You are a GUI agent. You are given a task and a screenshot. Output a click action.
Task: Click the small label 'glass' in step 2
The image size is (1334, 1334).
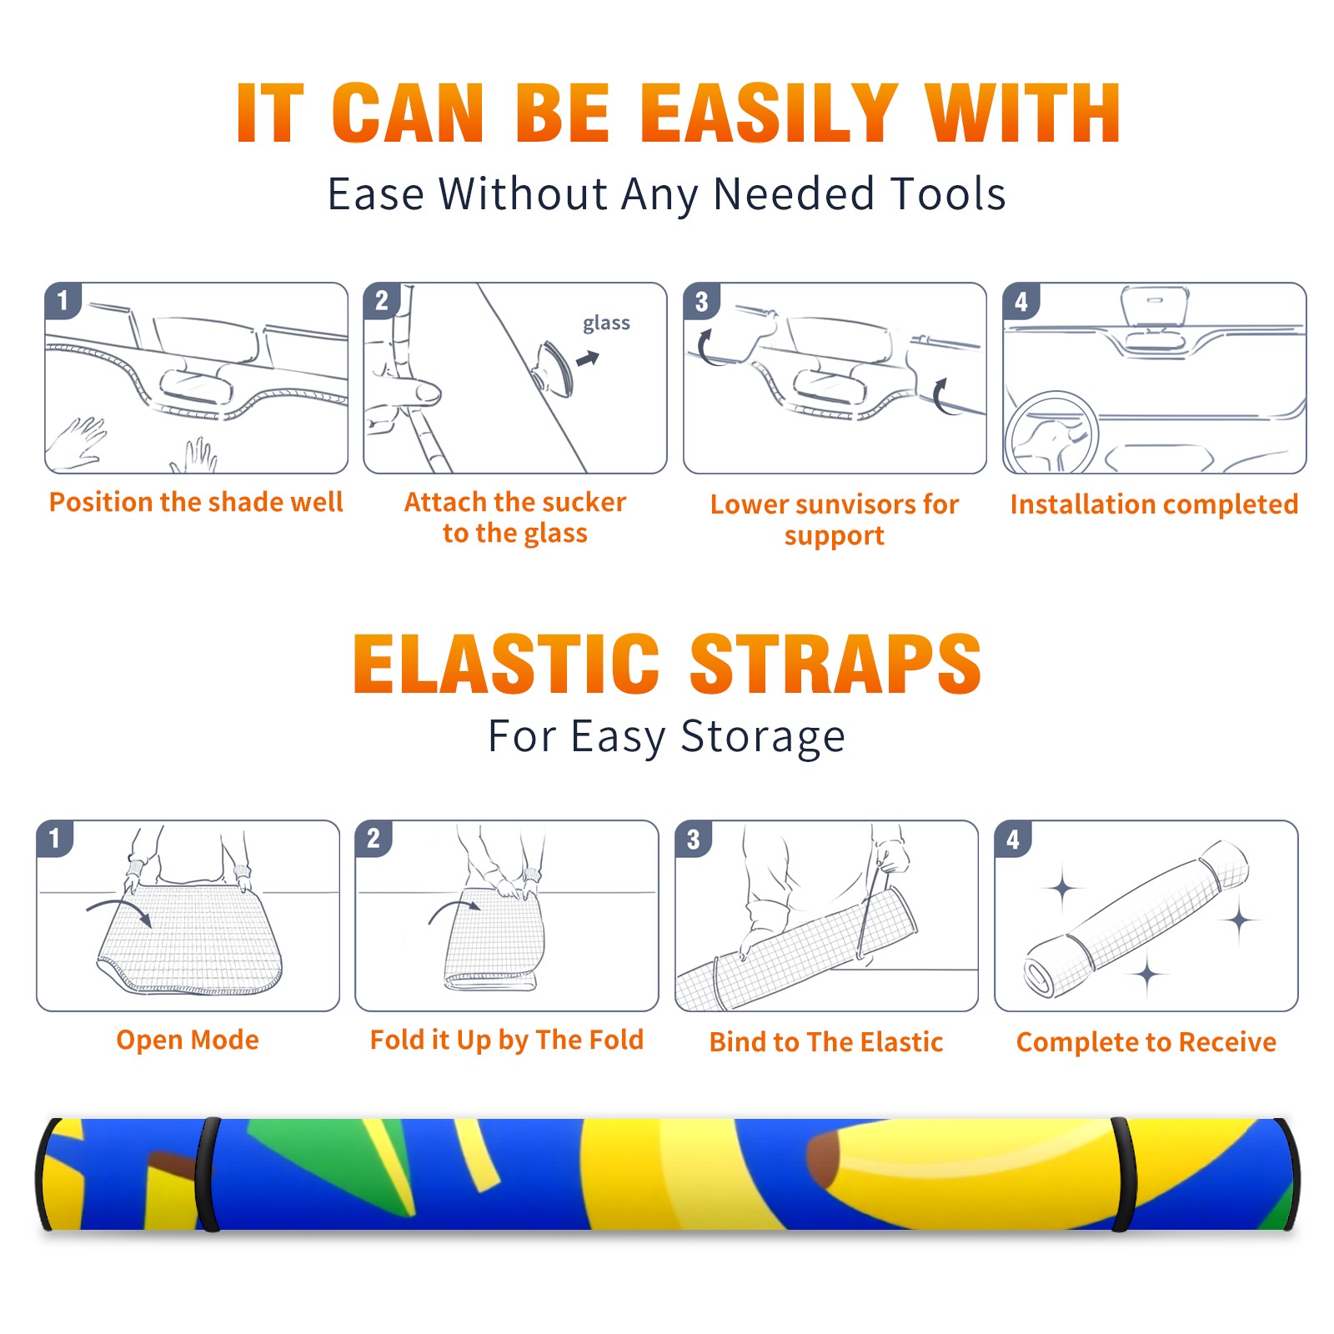click(x=606, y=323)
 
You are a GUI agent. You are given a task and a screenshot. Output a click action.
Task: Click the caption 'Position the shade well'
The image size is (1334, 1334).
click(x=196, y=502)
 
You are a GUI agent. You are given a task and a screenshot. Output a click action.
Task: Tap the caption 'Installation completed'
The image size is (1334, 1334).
click(x=1154, y=504)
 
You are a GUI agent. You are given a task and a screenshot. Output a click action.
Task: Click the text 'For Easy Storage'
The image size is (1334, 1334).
click(x=666, y=737)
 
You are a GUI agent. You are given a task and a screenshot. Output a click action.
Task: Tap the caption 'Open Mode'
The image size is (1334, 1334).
click(x=188, y=1040)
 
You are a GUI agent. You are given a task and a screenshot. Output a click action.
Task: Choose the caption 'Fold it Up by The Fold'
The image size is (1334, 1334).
click(x=507, y=1041)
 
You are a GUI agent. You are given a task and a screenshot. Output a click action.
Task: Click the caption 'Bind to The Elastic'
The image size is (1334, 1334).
click(x=826, y=1042)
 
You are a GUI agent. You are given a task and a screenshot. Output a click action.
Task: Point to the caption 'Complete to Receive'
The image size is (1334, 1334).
click(x=1146, y=1042)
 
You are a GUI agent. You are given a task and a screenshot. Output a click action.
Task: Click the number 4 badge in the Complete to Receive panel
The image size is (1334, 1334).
click(x=1013, y=839)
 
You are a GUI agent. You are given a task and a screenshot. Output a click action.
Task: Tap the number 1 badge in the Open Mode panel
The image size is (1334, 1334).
click(x=55, y=838)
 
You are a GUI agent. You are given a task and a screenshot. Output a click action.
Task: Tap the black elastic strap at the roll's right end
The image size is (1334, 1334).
click(x=1121, y=1174)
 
